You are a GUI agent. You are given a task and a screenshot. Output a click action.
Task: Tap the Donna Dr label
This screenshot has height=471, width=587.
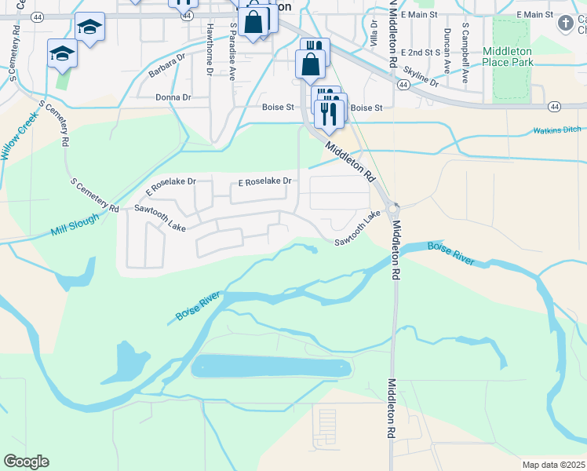click(x=174, y=97)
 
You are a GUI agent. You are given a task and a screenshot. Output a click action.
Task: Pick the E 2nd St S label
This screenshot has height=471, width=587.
click(x=421, y=52)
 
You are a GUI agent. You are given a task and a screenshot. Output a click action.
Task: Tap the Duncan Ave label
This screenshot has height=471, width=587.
click(x=447, y=46)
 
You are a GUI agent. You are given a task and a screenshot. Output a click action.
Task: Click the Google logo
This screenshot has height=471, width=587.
click(x=26, y=462)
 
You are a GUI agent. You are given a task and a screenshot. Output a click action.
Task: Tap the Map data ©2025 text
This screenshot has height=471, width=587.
click(x=553, y=465)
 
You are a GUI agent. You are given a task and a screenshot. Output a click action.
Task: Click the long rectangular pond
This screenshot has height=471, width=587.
click(x=272, y=367)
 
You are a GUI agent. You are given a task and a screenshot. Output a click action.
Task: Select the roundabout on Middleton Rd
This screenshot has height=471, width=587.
click(x=393, y=207)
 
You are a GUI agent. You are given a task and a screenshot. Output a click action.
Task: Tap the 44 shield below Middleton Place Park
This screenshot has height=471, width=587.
click(x=555, y=106)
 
